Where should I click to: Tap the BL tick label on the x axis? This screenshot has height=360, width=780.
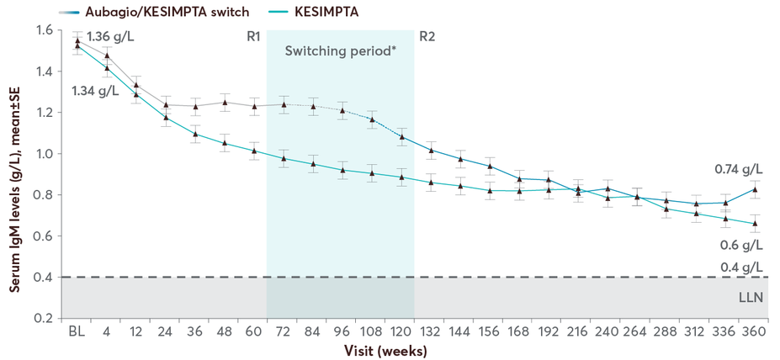pos(77,331)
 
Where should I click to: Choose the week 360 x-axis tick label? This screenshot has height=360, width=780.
pos(754,331)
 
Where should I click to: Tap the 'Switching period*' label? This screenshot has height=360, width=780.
pos(341,50)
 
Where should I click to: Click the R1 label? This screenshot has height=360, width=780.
pos(253,37)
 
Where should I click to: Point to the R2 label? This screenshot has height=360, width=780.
pos(427,37)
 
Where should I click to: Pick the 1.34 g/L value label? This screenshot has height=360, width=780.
pos(94,90)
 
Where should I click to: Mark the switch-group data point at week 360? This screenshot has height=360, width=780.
pos(755,189)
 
